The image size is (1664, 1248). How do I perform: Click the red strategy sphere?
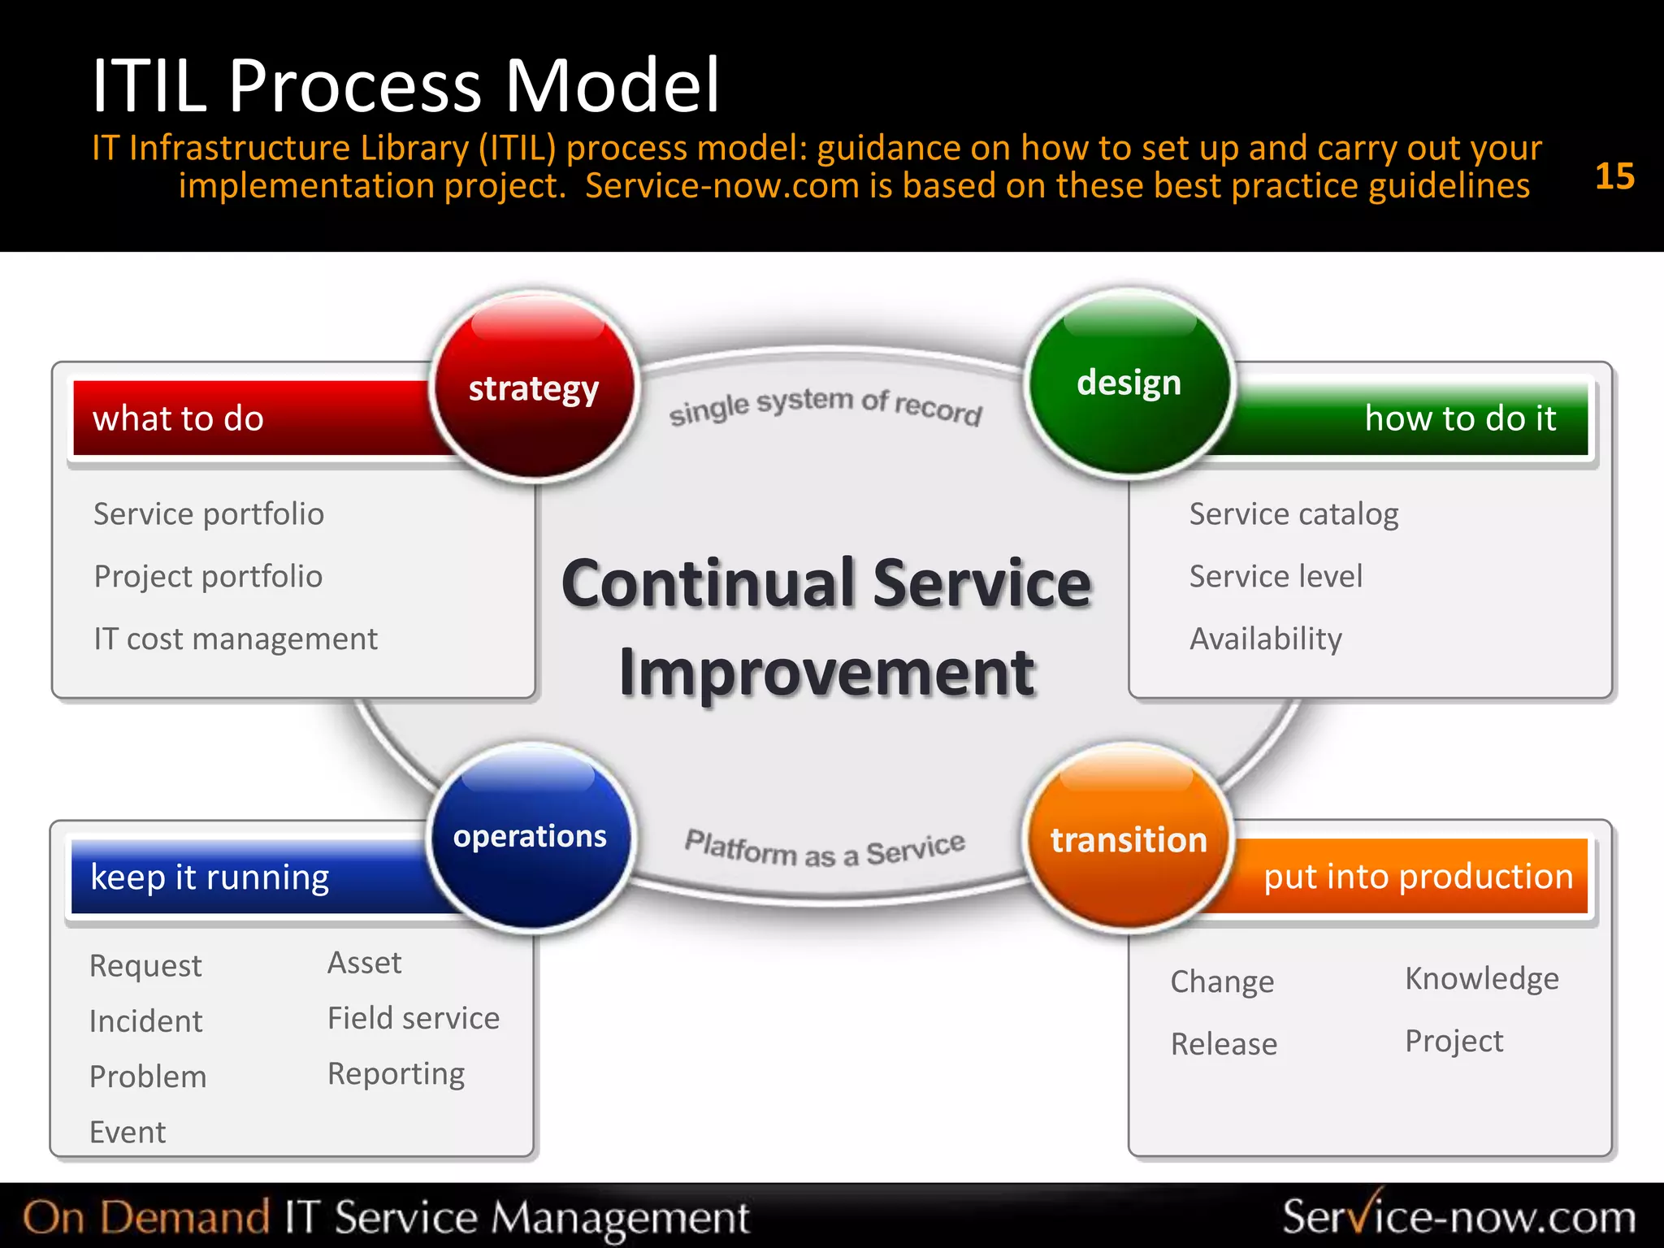tap(534, 388)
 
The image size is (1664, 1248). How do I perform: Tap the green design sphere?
tap(1129, 383)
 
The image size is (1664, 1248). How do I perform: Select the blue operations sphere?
tap(530, 837)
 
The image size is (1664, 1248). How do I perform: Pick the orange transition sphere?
tap(1129, 839)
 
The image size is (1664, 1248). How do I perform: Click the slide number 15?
tap(1614, 176)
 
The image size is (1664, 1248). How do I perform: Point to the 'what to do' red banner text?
tap(178, 418)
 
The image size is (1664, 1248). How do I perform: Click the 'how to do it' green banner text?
tap(1459, 418)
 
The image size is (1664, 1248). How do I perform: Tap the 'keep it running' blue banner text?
tap(210, 877)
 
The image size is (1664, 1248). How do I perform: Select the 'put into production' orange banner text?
tap(1418, 877)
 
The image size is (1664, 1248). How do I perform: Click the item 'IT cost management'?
tap(236, 639)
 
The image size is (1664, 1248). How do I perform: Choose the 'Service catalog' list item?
tap(1293, 514)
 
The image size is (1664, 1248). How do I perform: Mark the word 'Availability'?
tap(1265, 639)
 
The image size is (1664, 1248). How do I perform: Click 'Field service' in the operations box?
tap(413, 1018)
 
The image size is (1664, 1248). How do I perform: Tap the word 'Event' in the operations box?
tap(128, 1132)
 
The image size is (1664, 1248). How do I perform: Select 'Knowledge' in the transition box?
tap(1481, 978)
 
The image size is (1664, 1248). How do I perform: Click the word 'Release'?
tap(1224, 1044)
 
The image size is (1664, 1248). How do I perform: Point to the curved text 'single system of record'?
tap(825, 405)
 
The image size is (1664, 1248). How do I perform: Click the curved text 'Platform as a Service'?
tap(825, 850)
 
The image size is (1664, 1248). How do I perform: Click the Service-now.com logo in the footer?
tap(1458, 1216)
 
